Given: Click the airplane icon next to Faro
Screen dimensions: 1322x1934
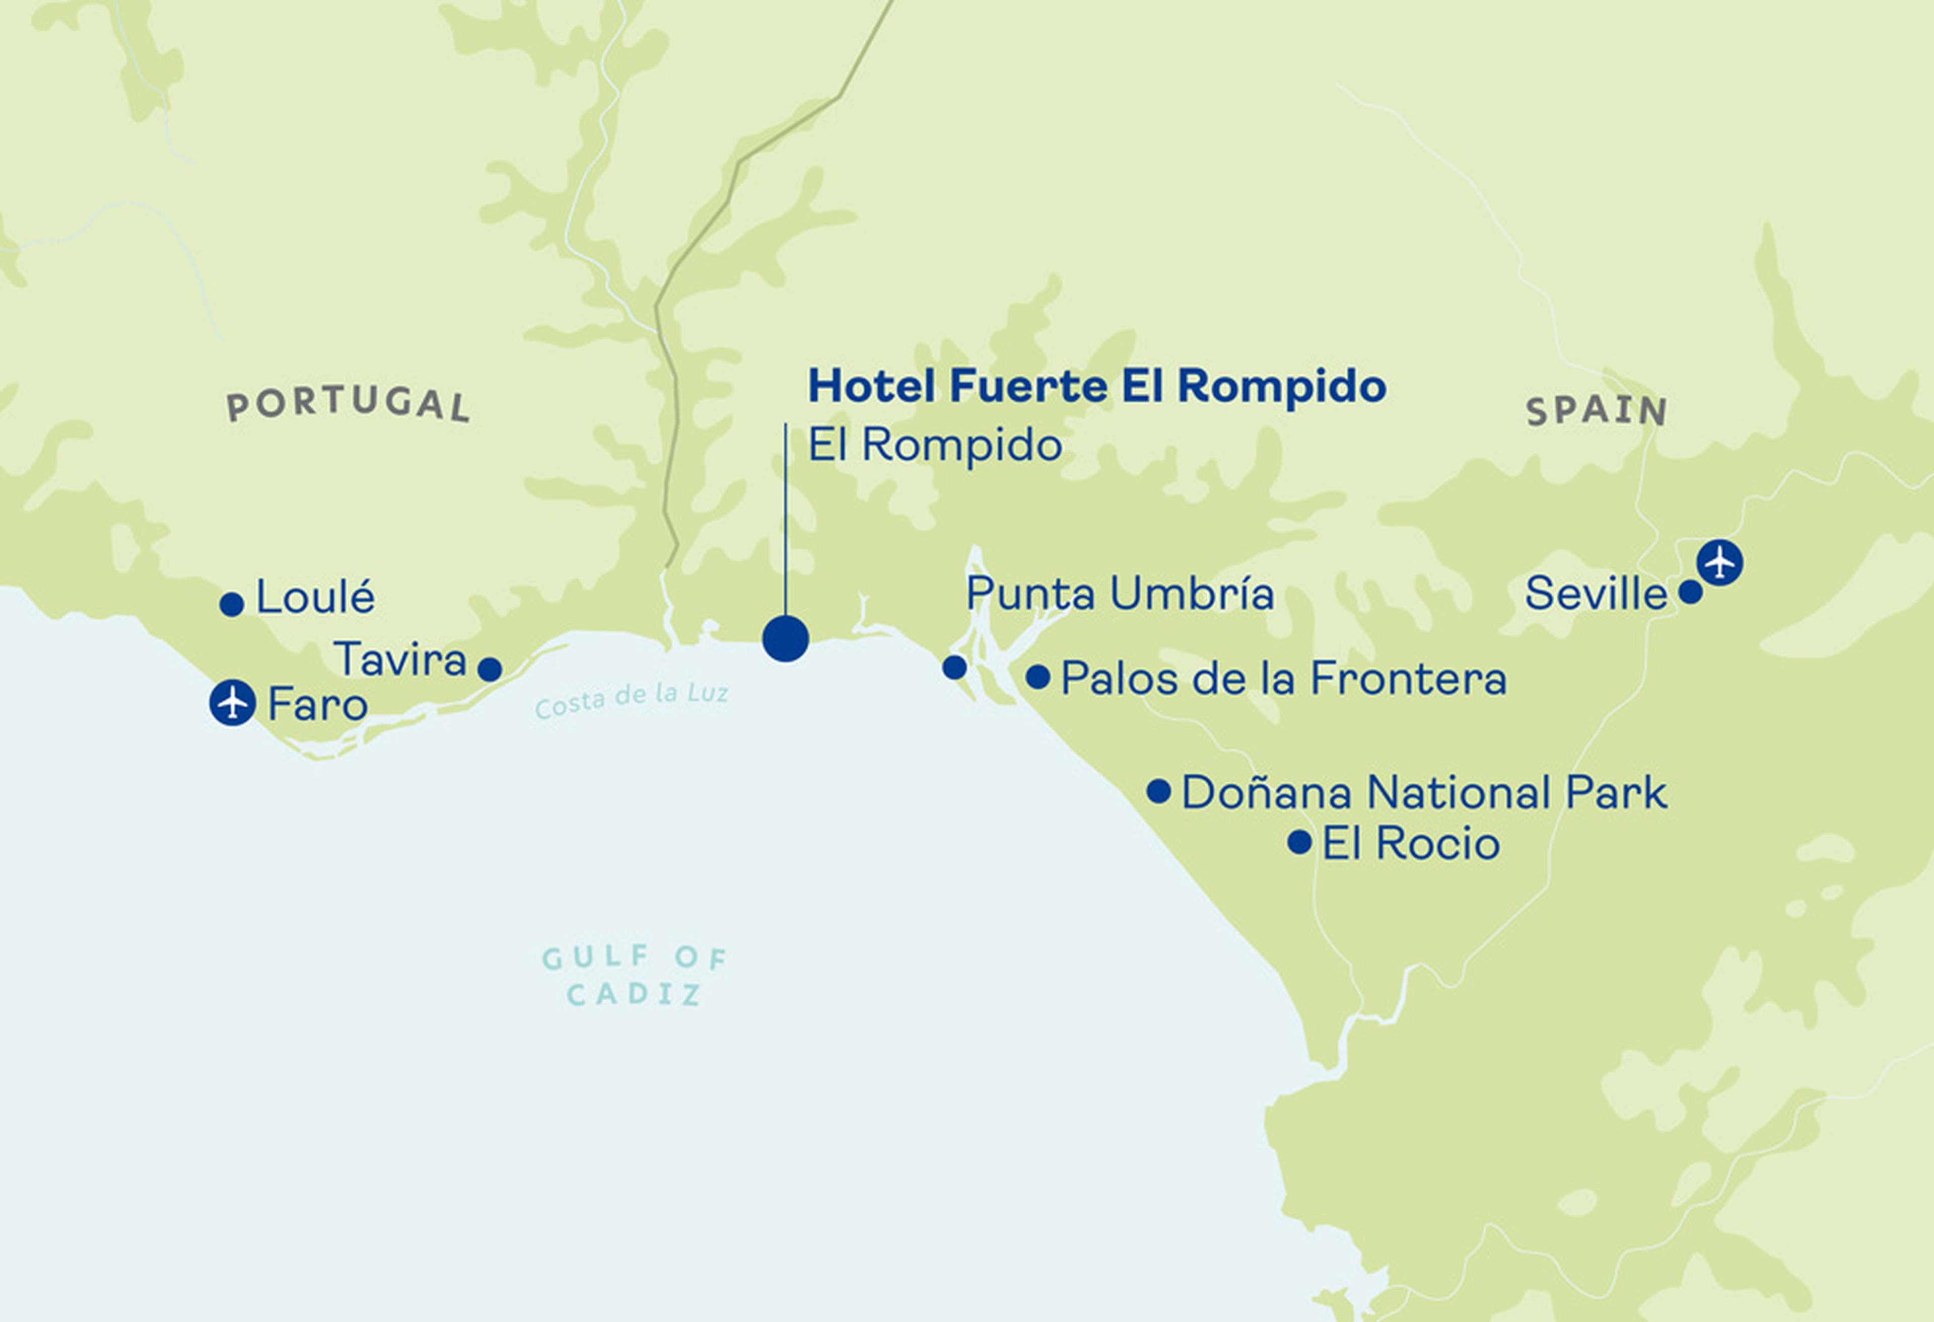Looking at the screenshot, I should (x=232, y=703).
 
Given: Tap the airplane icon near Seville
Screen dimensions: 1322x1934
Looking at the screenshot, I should (x=1719, y=562).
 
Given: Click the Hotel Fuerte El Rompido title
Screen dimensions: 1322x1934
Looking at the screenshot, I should (x=1097, y=387).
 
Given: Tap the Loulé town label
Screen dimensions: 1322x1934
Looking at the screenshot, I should (x=315, y=598).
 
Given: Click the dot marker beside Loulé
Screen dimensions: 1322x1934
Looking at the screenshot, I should (x=232, y=604).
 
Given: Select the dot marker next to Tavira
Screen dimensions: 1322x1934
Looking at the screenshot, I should (x=490, y=669).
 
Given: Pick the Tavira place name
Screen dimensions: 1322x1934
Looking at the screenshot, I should (x=400, y=660).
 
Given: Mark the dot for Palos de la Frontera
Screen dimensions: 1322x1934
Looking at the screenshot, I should (x=1038, y=677).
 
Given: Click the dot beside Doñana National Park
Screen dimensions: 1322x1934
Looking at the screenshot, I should (x=1158, y=790).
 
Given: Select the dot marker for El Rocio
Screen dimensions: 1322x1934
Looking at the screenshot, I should (x=1299, y=842).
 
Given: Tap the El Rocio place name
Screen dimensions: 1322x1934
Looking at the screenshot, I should (x=1411, y=844).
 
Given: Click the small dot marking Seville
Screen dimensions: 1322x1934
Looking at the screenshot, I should (x=1690, y=593).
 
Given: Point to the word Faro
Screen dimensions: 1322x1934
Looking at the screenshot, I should (x=317, y=705).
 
